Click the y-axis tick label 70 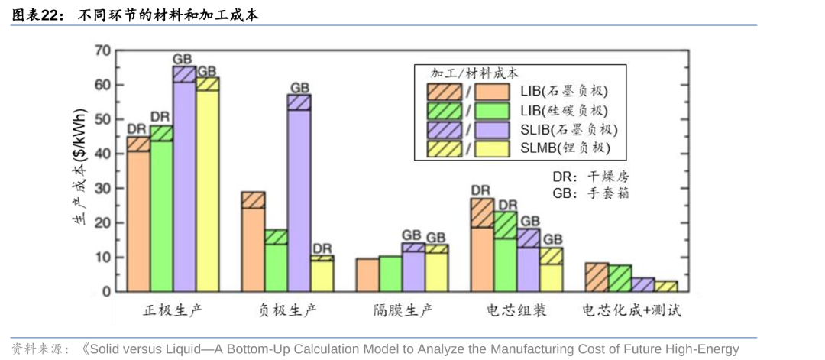click(102, 51)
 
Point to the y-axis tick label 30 click(102, 189)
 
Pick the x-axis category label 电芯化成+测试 click(632, 311)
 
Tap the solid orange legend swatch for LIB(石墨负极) click(493, 92)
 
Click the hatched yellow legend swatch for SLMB click(444, 148)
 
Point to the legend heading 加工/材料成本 click(474, 74)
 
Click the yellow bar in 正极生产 click(207, 191)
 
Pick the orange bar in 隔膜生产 click(367, 275)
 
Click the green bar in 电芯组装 click(505, 264)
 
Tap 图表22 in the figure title click(35, 15)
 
